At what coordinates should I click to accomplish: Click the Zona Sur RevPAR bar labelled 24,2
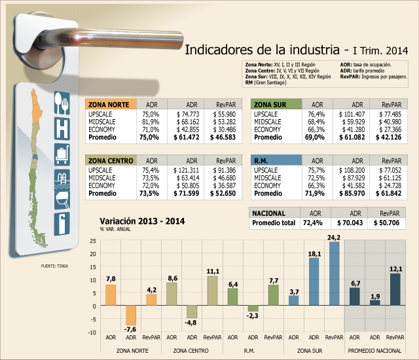coord(334,273)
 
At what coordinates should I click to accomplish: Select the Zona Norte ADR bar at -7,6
coord(131,315)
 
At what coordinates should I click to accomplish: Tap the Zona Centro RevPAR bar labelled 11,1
coord(212,291)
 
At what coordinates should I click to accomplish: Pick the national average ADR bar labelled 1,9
coord(374,302)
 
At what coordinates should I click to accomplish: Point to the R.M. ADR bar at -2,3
coord(253,308)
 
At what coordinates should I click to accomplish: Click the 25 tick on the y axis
coord(93,241)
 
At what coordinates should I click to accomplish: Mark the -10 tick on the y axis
coord(92,333)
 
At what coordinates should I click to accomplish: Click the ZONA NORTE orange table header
coord(111,104)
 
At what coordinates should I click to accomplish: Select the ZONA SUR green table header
coord(276,104)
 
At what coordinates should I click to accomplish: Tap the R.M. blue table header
coord(276,160)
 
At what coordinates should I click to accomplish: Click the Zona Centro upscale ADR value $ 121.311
coord(186,170)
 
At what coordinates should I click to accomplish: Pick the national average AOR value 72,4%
coord(313,223)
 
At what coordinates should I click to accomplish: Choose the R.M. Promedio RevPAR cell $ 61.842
coord(388,193)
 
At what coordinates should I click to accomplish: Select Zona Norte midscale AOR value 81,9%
coord(151,122)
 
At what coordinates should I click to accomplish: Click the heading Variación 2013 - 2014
coord(142,221)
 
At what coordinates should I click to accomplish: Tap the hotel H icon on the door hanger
coord(62,129)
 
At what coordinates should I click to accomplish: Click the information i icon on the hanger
coord(62,224)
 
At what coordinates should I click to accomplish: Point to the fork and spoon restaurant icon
coord(62,103)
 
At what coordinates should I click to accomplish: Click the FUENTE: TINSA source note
coord(54,266)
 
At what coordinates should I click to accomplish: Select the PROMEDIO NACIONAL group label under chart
coord(374,351)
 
